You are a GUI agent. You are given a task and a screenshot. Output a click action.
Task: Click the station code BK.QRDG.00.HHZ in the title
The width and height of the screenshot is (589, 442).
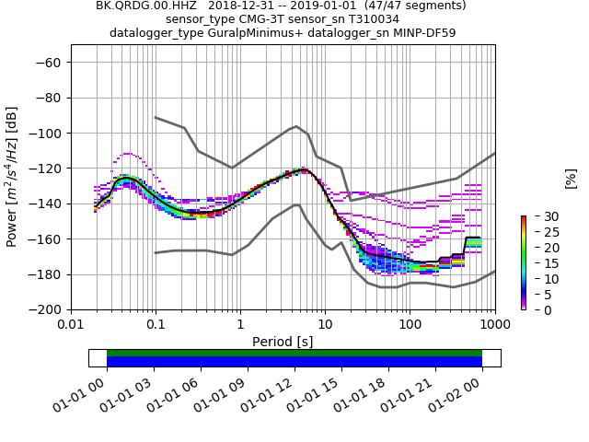(139, 6)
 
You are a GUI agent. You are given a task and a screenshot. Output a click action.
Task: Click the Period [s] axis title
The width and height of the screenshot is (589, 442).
(283, 342)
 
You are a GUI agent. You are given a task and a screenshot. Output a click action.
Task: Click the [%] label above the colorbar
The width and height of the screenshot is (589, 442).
(571, 177)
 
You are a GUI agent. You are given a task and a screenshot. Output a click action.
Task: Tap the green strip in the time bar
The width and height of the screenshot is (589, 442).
(294, 353)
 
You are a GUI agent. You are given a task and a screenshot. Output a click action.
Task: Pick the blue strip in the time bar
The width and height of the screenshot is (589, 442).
(294, 362)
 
